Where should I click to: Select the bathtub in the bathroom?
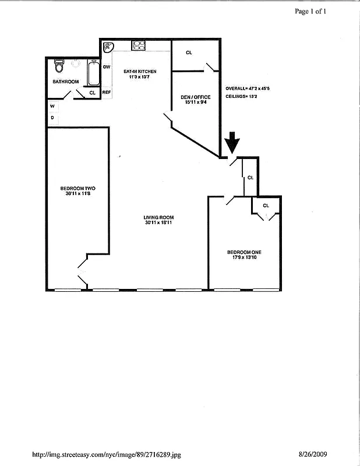(x=93, y=73)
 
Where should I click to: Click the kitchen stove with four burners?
(x=139, y=45)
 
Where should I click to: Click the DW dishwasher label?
(x=107, y=67)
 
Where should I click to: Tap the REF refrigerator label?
(x=107, y=92)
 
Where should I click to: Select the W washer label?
(x=52, y=106)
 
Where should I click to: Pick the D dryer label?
(x=52, y=117)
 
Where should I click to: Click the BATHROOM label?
(x=65, y=82)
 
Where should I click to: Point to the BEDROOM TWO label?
(x=77, y=190)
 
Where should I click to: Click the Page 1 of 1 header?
(x=310, y=11)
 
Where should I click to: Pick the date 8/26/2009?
(x=312, y=454)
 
